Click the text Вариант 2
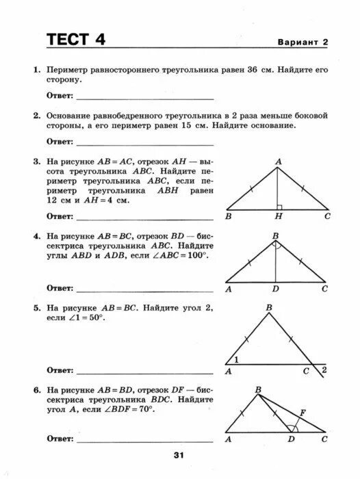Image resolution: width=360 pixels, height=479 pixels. (x=303, y=42)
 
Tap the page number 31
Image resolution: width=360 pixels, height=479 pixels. (x=179, y=456)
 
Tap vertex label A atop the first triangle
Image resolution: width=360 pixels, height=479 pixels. (x=279, y=161)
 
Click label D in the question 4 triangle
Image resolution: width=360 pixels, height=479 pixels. (x=275, y=289)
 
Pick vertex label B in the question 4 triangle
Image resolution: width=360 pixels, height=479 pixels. (x=275, y=236)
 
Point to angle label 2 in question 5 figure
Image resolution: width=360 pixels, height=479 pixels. (x=324, y=370)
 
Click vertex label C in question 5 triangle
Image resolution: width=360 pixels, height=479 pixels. (x=306, y=371)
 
